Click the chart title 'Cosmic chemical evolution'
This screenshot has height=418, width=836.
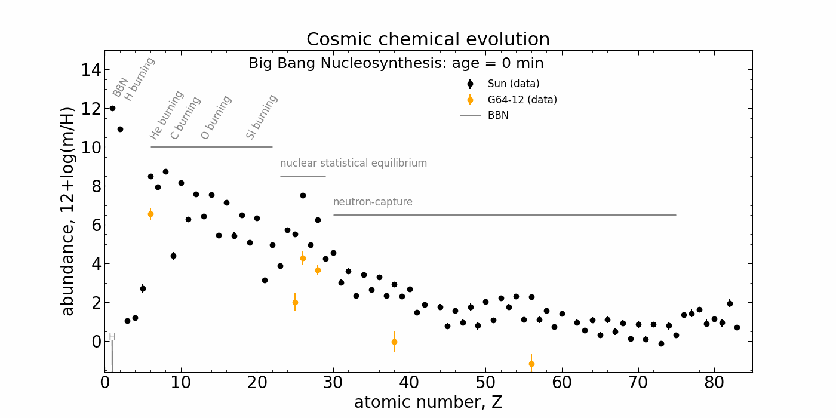click(428, 39)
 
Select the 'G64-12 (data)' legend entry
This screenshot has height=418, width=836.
click(522, 100)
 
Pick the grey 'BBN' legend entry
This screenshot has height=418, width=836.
click(498, 116)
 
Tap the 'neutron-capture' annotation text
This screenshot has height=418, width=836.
click(373, 202)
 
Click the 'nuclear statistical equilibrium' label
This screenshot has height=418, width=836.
click(354, 164)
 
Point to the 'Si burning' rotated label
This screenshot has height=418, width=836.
click(262, 117)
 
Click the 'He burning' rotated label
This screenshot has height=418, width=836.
click(167, 115)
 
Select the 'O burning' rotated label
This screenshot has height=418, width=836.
click(216, 118)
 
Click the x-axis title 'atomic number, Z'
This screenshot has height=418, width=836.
click(428, 402)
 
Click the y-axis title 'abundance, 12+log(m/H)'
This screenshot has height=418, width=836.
click(68, 211)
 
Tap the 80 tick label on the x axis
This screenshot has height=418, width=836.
click(714, 382)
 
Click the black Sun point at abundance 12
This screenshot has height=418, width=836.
click(112, 108)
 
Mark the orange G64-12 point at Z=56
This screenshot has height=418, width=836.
click(531, 364)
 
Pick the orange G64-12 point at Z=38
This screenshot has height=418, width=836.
click(394, 342)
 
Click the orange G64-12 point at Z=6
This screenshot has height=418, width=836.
click(150, 214)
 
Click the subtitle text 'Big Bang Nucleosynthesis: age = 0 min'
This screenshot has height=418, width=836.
click(396, 63)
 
